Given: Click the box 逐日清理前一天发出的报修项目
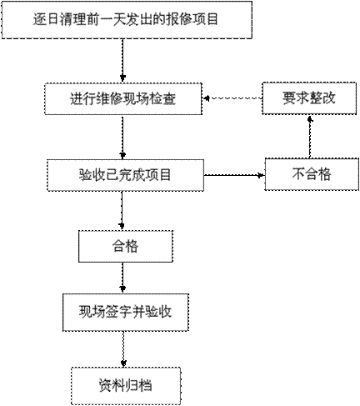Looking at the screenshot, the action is click(127, 20).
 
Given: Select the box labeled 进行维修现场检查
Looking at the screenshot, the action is click(123, 98).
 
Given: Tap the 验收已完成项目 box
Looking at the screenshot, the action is click(125, 175).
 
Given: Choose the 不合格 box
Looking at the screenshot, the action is click(312, 174).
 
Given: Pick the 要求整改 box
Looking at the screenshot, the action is click(309, 98).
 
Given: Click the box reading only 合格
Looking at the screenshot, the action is click(126, 246).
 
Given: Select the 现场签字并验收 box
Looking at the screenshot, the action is click(126, 312).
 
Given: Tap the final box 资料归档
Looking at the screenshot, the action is click(126, 386).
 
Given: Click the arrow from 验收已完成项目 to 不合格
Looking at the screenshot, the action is click(234, 175).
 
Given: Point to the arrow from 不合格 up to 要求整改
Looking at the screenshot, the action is click(310, 138).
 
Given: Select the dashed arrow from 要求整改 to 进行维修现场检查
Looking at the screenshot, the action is click(232, 98).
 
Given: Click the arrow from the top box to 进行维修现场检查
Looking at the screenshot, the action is click(122, 60).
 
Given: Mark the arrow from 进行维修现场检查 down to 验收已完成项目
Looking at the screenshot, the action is click(122, 137).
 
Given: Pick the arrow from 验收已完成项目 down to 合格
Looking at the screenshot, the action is click(122, 210).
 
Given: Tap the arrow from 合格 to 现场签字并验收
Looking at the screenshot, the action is click(122, 278).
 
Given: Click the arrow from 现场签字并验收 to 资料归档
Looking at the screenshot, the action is click(123, 349).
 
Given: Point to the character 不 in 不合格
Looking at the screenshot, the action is click(298, 174).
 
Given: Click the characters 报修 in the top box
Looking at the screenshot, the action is click(179, 19).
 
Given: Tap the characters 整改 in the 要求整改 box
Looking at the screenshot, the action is click(322, 98).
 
